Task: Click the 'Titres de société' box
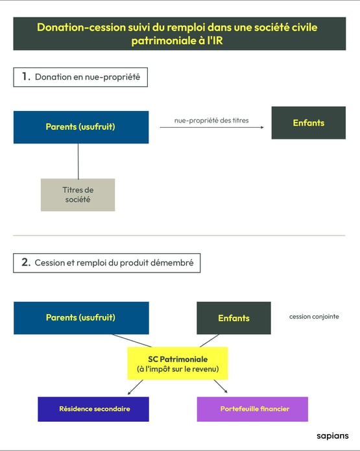[x=78, y=195]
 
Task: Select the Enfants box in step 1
[x=309, y=123]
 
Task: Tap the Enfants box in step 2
[x=234, y=318]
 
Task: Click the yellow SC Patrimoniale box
[x=178, y=363]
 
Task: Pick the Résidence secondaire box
[x=93, y=409]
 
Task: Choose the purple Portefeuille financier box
[x=252, y=409]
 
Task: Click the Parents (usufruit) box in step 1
[x=81, y=127]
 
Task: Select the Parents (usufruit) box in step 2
[x=81, y=318]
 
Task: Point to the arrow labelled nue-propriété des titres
[x=211, y=127]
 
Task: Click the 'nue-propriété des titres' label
[x=211, y=121]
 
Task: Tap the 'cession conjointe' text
[x=314, y=317]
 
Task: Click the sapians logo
[x=333, y=436]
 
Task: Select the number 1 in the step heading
[x=26, y=77]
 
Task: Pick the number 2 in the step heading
[x=26, y=262]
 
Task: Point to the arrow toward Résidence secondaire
[x=135, y=387]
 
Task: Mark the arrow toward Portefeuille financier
[x=221, y=386]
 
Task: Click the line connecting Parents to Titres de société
[x=78, y=161]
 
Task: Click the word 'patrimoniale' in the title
[x=163, y=41]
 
